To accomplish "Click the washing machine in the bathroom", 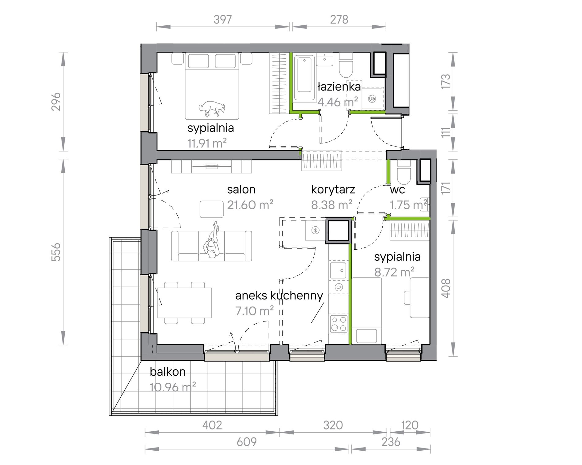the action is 372,99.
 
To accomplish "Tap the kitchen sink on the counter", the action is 338,270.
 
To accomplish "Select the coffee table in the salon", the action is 212,209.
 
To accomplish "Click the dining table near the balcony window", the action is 184,303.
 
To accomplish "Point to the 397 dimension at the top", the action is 223,20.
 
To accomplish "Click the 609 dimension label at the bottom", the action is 247,442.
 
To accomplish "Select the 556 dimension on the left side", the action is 56,252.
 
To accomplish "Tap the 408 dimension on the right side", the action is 446,288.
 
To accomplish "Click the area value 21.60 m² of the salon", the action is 250,205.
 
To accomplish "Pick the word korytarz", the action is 333,189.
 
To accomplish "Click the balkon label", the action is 168,371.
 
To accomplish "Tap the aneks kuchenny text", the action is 279,296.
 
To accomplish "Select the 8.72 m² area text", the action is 395,272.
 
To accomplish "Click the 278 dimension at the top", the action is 339,20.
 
